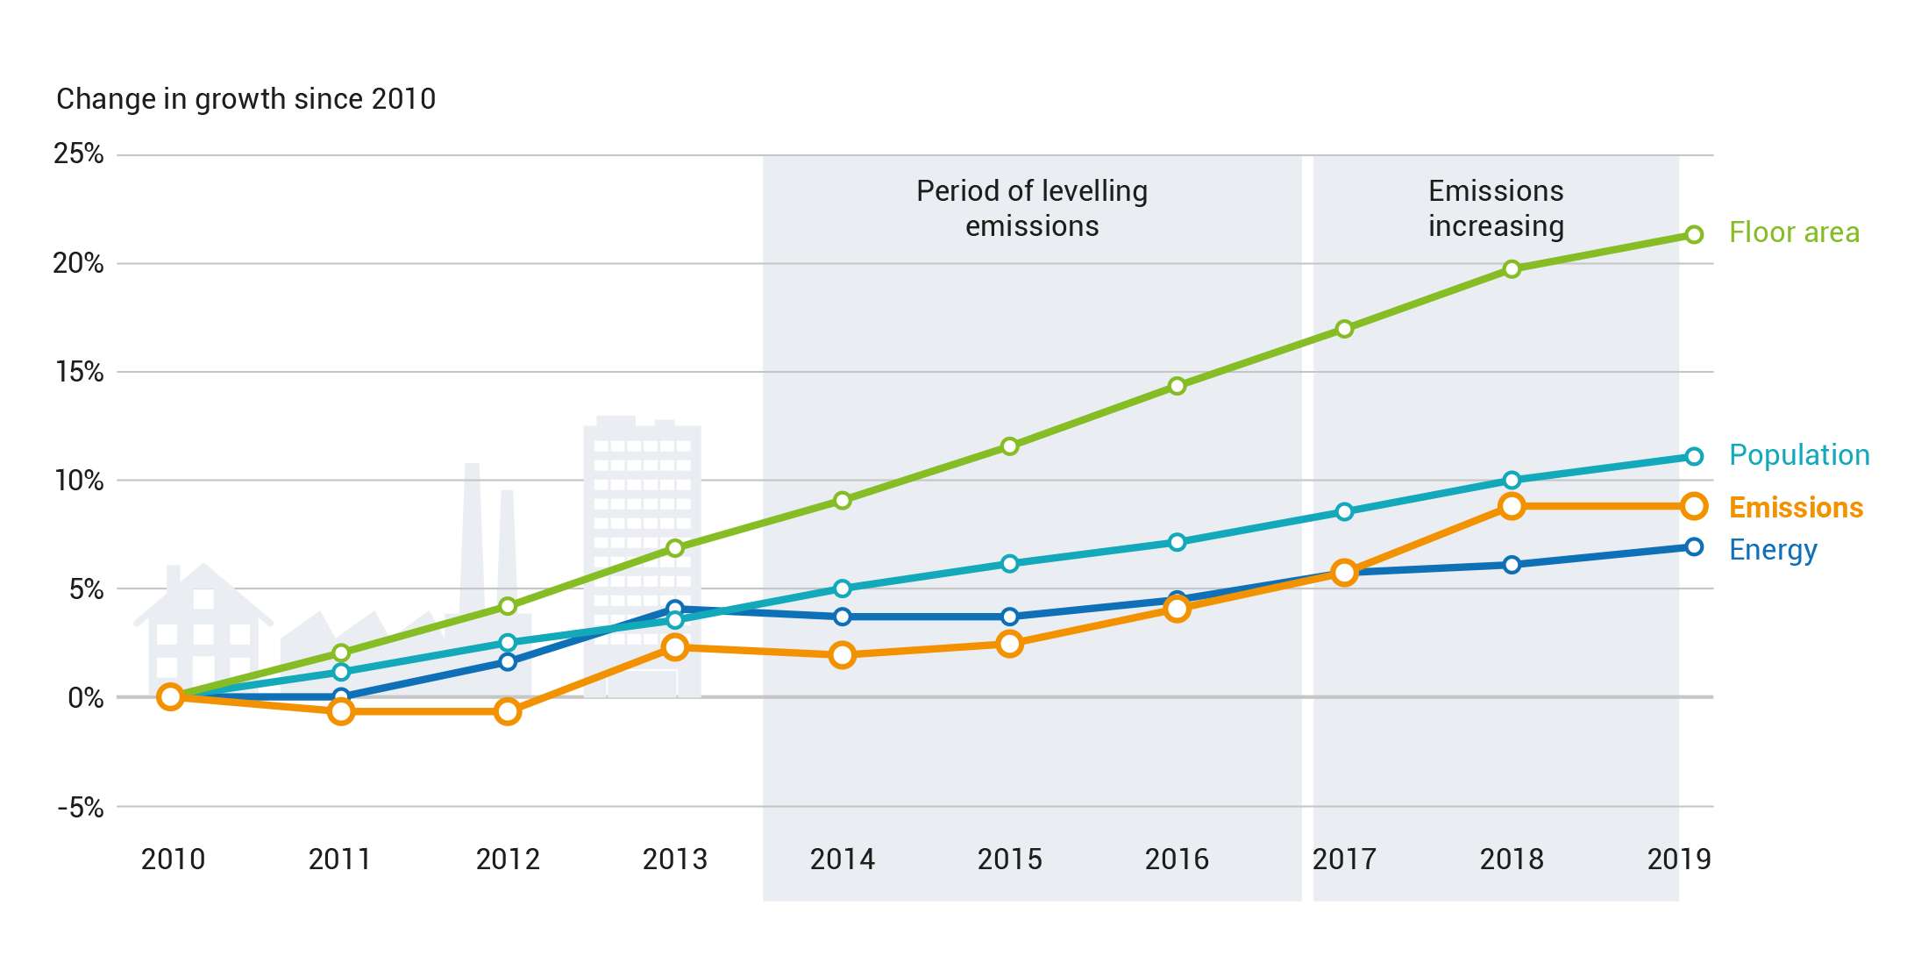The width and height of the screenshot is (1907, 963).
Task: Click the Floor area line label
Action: pyautogui.click(x=1793, y=232)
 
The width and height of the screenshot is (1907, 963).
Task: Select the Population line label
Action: pyautogui.click(x=1798, y=455)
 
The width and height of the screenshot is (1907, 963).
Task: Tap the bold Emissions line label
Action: pyautogui.click(x=1795, y=508)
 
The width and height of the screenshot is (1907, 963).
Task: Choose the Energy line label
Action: pyautogui.click(x=1772, y=550)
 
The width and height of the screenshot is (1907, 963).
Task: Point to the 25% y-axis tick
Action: pyautogui.click(x=78, y=154)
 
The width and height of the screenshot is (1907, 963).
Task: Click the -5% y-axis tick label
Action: pyautogui.click(x=80, y=808)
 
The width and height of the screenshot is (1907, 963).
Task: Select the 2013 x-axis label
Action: pyautogui.click(x=674, y=860)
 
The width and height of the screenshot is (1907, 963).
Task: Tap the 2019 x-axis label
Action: pyautogui.click(x=1678, y=860)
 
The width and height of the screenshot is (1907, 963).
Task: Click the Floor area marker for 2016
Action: pyautogui.click(x=1177, y=386)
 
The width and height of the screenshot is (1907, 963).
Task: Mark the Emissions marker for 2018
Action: pyautogui.click(x=1511, y=506)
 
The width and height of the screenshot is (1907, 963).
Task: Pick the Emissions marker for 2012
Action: pyautogui.click(x=508, y=711)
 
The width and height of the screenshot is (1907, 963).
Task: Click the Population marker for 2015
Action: pyautogui.click(x=1009, y=563)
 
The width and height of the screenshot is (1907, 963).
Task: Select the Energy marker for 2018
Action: pyautogui.click(x=1511, y=565)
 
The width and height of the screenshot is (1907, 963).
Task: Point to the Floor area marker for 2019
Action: pyautogui.click(x=1694, y=234)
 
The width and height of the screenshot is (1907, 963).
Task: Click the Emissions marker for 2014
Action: pyautogui.click(x=842, y=655)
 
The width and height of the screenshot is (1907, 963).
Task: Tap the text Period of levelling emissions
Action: pyautogui.click(x=1031, y=209)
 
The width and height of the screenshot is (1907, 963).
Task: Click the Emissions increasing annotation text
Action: pyautogui.click(x=1495, y=209)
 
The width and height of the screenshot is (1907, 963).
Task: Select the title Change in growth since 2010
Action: pyautogui.click(x=245, y=99)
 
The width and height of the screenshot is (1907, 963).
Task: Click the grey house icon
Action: pyautogui.click(x=203, y=627)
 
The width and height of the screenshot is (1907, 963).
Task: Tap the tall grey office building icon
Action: pyautogui.click(x=642, y=526)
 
